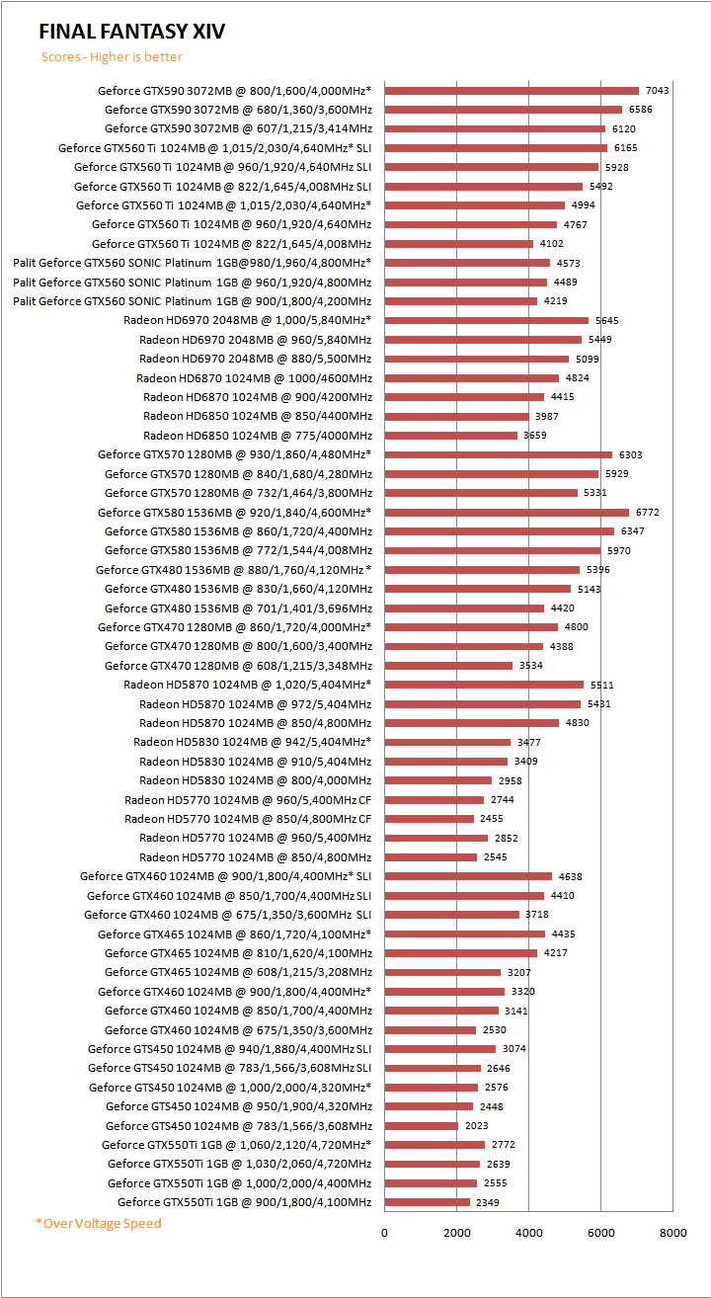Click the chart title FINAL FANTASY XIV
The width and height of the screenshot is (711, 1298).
132,32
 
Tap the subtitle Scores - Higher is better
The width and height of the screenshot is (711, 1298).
112,56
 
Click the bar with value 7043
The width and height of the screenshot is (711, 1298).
512,91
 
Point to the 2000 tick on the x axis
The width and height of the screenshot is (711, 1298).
456,1232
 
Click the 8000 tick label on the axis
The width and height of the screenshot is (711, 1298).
672,1232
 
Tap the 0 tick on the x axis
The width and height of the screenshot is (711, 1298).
384,1232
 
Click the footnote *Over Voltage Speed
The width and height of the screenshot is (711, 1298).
99,1223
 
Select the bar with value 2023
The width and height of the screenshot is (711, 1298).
421,1126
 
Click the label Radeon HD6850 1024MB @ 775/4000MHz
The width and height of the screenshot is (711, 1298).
258,436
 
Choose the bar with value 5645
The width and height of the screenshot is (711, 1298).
486,320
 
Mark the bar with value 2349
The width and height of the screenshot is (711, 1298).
427,1202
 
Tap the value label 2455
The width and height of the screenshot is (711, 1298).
492,819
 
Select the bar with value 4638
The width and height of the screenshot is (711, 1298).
468,876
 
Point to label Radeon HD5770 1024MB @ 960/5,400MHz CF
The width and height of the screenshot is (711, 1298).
248,800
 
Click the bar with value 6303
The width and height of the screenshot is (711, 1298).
498,454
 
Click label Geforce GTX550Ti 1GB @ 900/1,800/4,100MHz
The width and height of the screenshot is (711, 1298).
245,1202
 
